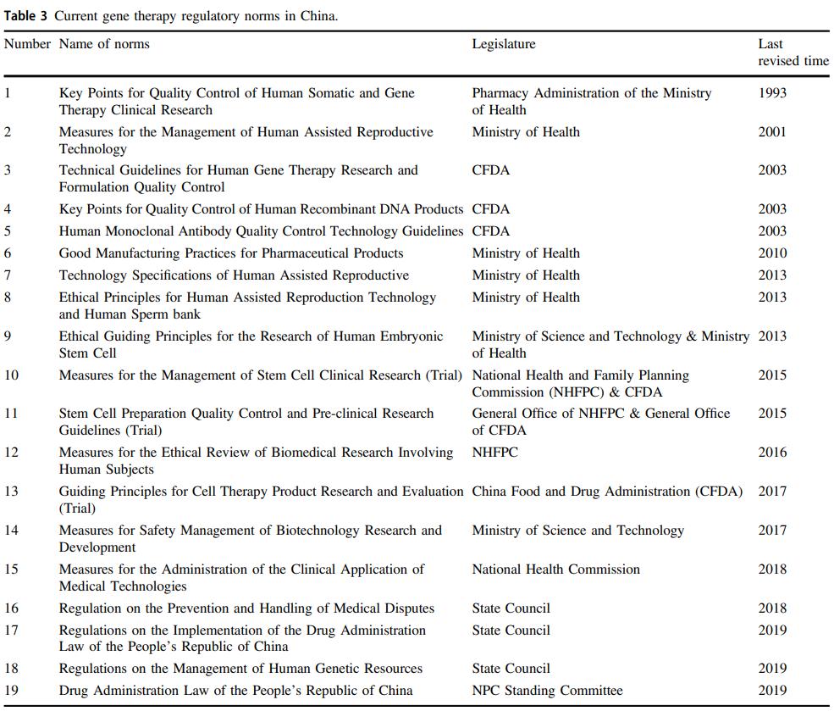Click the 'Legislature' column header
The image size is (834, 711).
504,44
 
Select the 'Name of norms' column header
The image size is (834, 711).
104,44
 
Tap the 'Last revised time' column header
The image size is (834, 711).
793,53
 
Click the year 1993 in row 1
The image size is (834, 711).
772,93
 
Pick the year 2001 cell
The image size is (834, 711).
772,132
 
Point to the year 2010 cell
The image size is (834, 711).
772,253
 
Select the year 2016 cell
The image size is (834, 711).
772,453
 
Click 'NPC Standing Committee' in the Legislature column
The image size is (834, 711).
547,691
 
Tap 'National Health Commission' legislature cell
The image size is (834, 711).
555,569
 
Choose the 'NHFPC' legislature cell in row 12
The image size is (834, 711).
495,453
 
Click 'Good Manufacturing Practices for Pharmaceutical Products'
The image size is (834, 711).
231,253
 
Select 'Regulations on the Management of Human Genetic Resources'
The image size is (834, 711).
240,669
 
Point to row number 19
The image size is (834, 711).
11,691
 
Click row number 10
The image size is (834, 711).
11,375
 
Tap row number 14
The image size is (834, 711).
11,530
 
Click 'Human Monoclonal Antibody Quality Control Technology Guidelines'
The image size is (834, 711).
261,231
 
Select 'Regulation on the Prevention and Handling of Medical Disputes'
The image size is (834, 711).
246,608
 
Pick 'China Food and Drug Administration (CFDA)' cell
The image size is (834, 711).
607,492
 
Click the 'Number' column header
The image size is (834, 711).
27,44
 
